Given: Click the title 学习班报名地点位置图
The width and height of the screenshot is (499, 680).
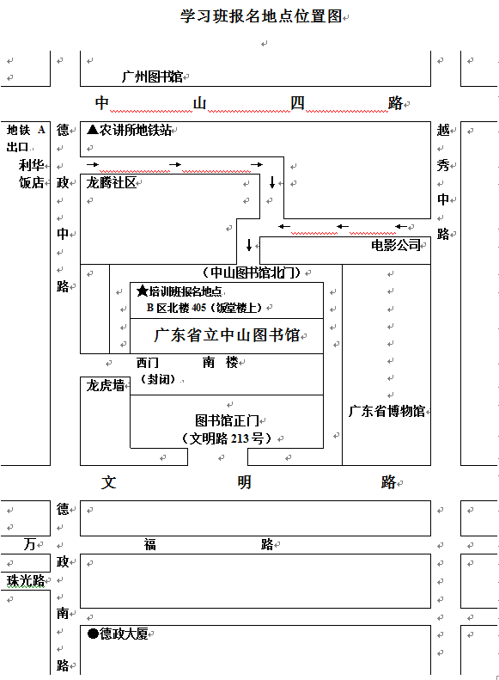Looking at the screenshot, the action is point(261,16).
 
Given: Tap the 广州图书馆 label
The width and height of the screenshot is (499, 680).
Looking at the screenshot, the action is point(152,77).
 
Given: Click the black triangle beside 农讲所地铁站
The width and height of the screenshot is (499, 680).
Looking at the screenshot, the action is point(92,129).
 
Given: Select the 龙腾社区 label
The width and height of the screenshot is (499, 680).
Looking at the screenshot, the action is point(112,182).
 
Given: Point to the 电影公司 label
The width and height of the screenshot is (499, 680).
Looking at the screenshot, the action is point(396,245).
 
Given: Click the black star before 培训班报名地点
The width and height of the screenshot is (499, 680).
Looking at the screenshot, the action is point(143,291).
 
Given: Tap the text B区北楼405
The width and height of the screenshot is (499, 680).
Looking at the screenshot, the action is point(176,308).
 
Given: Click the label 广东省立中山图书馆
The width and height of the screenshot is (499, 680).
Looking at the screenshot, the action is point(227,335).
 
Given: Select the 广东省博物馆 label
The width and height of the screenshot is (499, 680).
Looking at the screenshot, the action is point(386,411).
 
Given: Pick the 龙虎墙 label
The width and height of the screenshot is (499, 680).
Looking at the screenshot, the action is point(106,385).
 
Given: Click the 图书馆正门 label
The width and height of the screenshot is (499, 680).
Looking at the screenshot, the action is point(227,420).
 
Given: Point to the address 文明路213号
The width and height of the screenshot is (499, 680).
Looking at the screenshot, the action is point(227,438).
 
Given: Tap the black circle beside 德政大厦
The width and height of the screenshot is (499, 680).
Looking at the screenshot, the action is point(93,634).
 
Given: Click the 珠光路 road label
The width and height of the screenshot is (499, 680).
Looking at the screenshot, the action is point(26,579).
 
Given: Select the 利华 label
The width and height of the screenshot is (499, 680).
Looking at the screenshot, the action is point(31,165).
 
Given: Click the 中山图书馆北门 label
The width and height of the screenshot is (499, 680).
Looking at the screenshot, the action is point(252,273).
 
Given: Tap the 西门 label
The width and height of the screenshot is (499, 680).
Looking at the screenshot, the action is point(147,363).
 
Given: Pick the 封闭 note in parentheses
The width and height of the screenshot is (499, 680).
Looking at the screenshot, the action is point(157,379).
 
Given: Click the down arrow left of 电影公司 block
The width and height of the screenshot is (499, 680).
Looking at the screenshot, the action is point(249,245).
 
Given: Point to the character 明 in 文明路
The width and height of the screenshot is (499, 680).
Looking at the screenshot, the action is point(244,481).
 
